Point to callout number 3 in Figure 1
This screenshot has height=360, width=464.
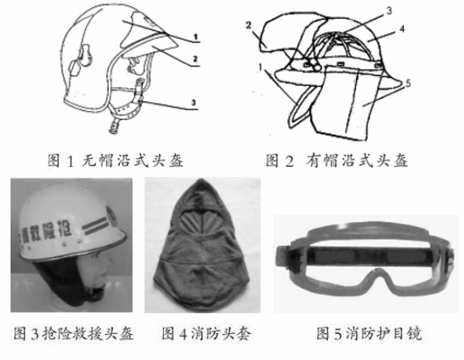click(197, 101)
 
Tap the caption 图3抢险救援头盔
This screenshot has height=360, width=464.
click(74, 333)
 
